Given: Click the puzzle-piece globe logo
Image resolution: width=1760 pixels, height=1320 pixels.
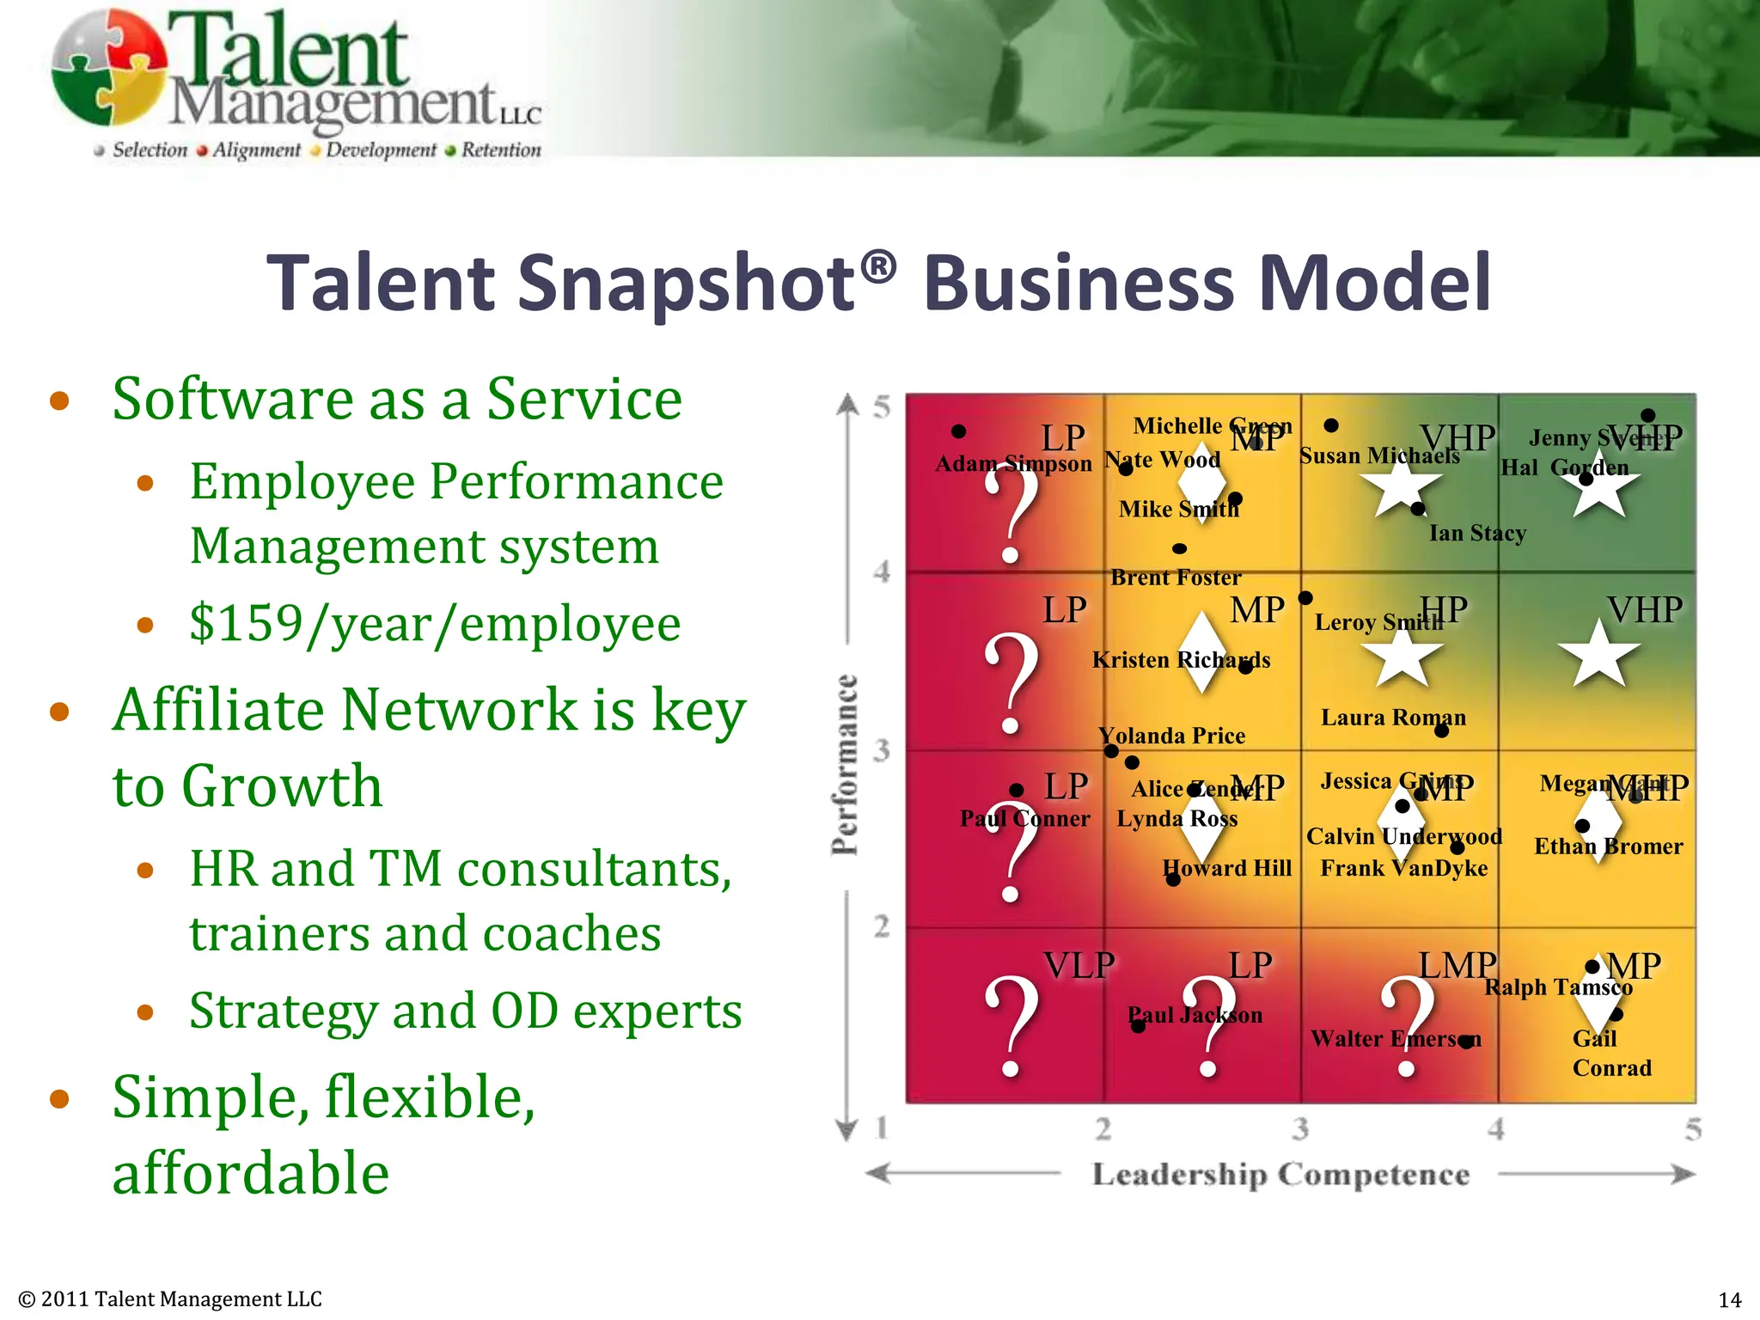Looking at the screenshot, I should tap(107, 67).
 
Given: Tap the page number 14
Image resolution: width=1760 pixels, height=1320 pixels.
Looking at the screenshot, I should tap(1729, 1299).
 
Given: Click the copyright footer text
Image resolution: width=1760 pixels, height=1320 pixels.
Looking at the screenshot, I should tap(170, 1299).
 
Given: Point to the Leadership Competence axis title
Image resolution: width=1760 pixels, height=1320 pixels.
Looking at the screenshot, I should tap(1280, 1174).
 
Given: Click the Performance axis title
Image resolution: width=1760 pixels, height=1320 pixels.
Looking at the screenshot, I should tap(846, 765).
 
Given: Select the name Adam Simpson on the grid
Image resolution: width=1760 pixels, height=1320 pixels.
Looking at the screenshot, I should tap(1013, 464).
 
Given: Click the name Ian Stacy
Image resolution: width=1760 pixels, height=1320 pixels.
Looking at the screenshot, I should tap(1477, 534).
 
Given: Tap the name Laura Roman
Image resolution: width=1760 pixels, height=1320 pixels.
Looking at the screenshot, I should tap(1393, 718).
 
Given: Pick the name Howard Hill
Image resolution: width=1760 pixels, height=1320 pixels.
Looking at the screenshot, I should tap(1227, 868).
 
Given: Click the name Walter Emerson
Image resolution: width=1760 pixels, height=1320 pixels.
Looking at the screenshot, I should tap(1396, 1039).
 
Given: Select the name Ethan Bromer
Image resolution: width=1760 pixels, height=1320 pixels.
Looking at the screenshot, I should tap(1608, 846).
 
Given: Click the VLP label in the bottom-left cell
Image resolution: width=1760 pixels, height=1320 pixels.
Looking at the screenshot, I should tap(1079, 966).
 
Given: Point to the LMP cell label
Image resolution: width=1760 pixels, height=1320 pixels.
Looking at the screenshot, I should tap(1457, 966).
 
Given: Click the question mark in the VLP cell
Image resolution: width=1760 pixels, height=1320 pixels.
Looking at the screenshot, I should tap(1012, 1027).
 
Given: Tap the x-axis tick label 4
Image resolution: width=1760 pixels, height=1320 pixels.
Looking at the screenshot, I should tap(1496, 1128).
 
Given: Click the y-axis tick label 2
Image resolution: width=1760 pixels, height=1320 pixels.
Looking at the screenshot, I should tap(882, 927).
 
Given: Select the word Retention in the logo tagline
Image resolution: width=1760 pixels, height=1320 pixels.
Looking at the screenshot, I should tap(501, 150).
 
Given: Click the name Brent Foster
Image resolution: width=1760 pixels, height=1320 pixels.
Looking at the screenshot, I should tap(1176, 577).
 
